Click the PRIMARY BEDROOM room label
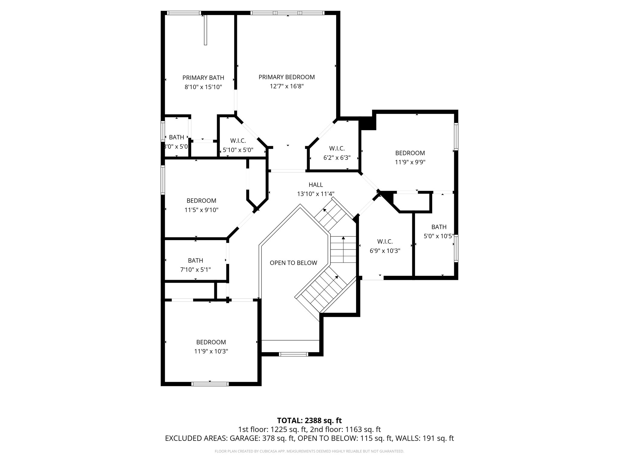[x=287, y=77]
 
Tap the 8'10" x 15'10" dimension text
[x=203, y=87]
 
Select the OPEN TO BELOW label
[x=293, y=263]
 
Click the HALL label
[x=316, y=185]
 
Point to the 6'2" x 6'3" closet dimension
[x=337, y=158]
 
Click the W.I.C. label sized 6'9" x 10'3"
[x=385, y=241]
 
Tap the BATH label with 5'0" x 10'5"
[x=439, y=227]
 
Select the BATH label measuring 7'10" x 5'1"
[x=195, y=260]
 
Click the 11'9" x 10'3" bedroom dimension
[x=211, y=351]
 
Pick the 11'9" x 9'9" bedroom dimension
[x=410, y=162]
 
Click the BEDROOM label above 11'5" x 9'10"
[x=201, y=201]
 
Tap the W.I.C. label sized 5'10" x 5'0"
[x=238, y=140]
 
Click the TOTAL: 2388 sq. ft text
[x=309, y=420]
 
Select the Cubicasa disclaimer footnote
[x=309, y=451]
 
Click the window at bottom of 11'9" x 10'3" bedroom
[x=210, y=384]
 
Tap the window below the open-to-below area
[x=293, y=354]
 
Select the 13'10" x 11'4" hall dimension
[x=316, y=194]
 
